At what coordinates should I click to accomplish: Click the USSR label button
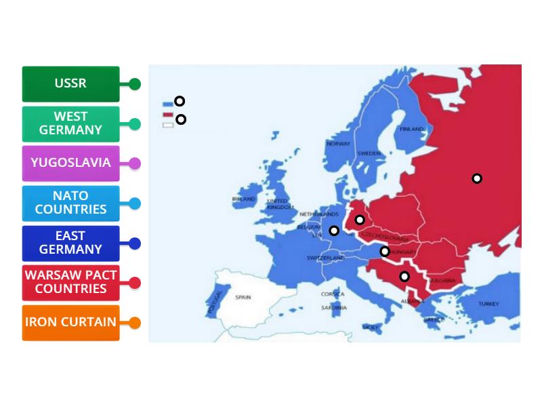[x=70, y=83]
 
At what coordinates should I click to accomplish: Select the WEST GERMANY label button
[x=70, y=123]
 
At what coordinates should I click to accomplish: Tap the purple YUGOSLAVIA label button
[x=70, y=163]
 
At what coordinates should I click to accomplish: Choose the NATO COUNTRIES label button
[x=70, y=203]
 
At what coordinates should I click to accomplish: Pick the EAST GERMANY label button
[x=70, y=243]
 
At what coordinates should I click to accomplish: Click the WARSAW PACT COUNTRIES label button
[x=70, y=282]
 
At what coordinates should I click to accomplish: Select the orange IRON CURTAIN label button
[x=70, y=322]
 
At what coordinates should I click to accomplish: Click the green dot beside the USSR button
[x=135, y=84]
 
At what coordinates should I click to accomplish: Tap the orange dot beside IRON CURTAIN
[x=135, y=323]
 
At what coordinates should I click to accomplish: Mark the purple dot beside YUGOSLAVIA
[x=135, y=163]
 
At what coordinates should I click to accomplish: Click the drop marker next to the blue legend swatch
[x=180, y=101]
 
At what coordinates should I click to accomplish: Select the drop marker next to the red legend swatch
[x=181, y=119]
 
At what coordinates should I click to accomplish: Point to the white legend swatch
[x=168, y=125]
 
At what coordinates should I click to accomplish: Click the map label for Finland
[x=411, y=128]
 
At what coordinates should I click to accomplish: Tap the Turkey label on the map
[x=488, y=304]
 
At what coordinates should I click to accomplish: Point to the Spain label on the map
[x=243, y=297]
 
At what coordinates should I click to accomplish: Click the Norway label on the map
[x=338, y=144]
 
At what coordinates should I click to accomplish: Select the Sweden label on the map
[x=369, y=153]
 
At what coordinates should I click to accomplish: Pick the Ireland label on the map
[x=244, y=199]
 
